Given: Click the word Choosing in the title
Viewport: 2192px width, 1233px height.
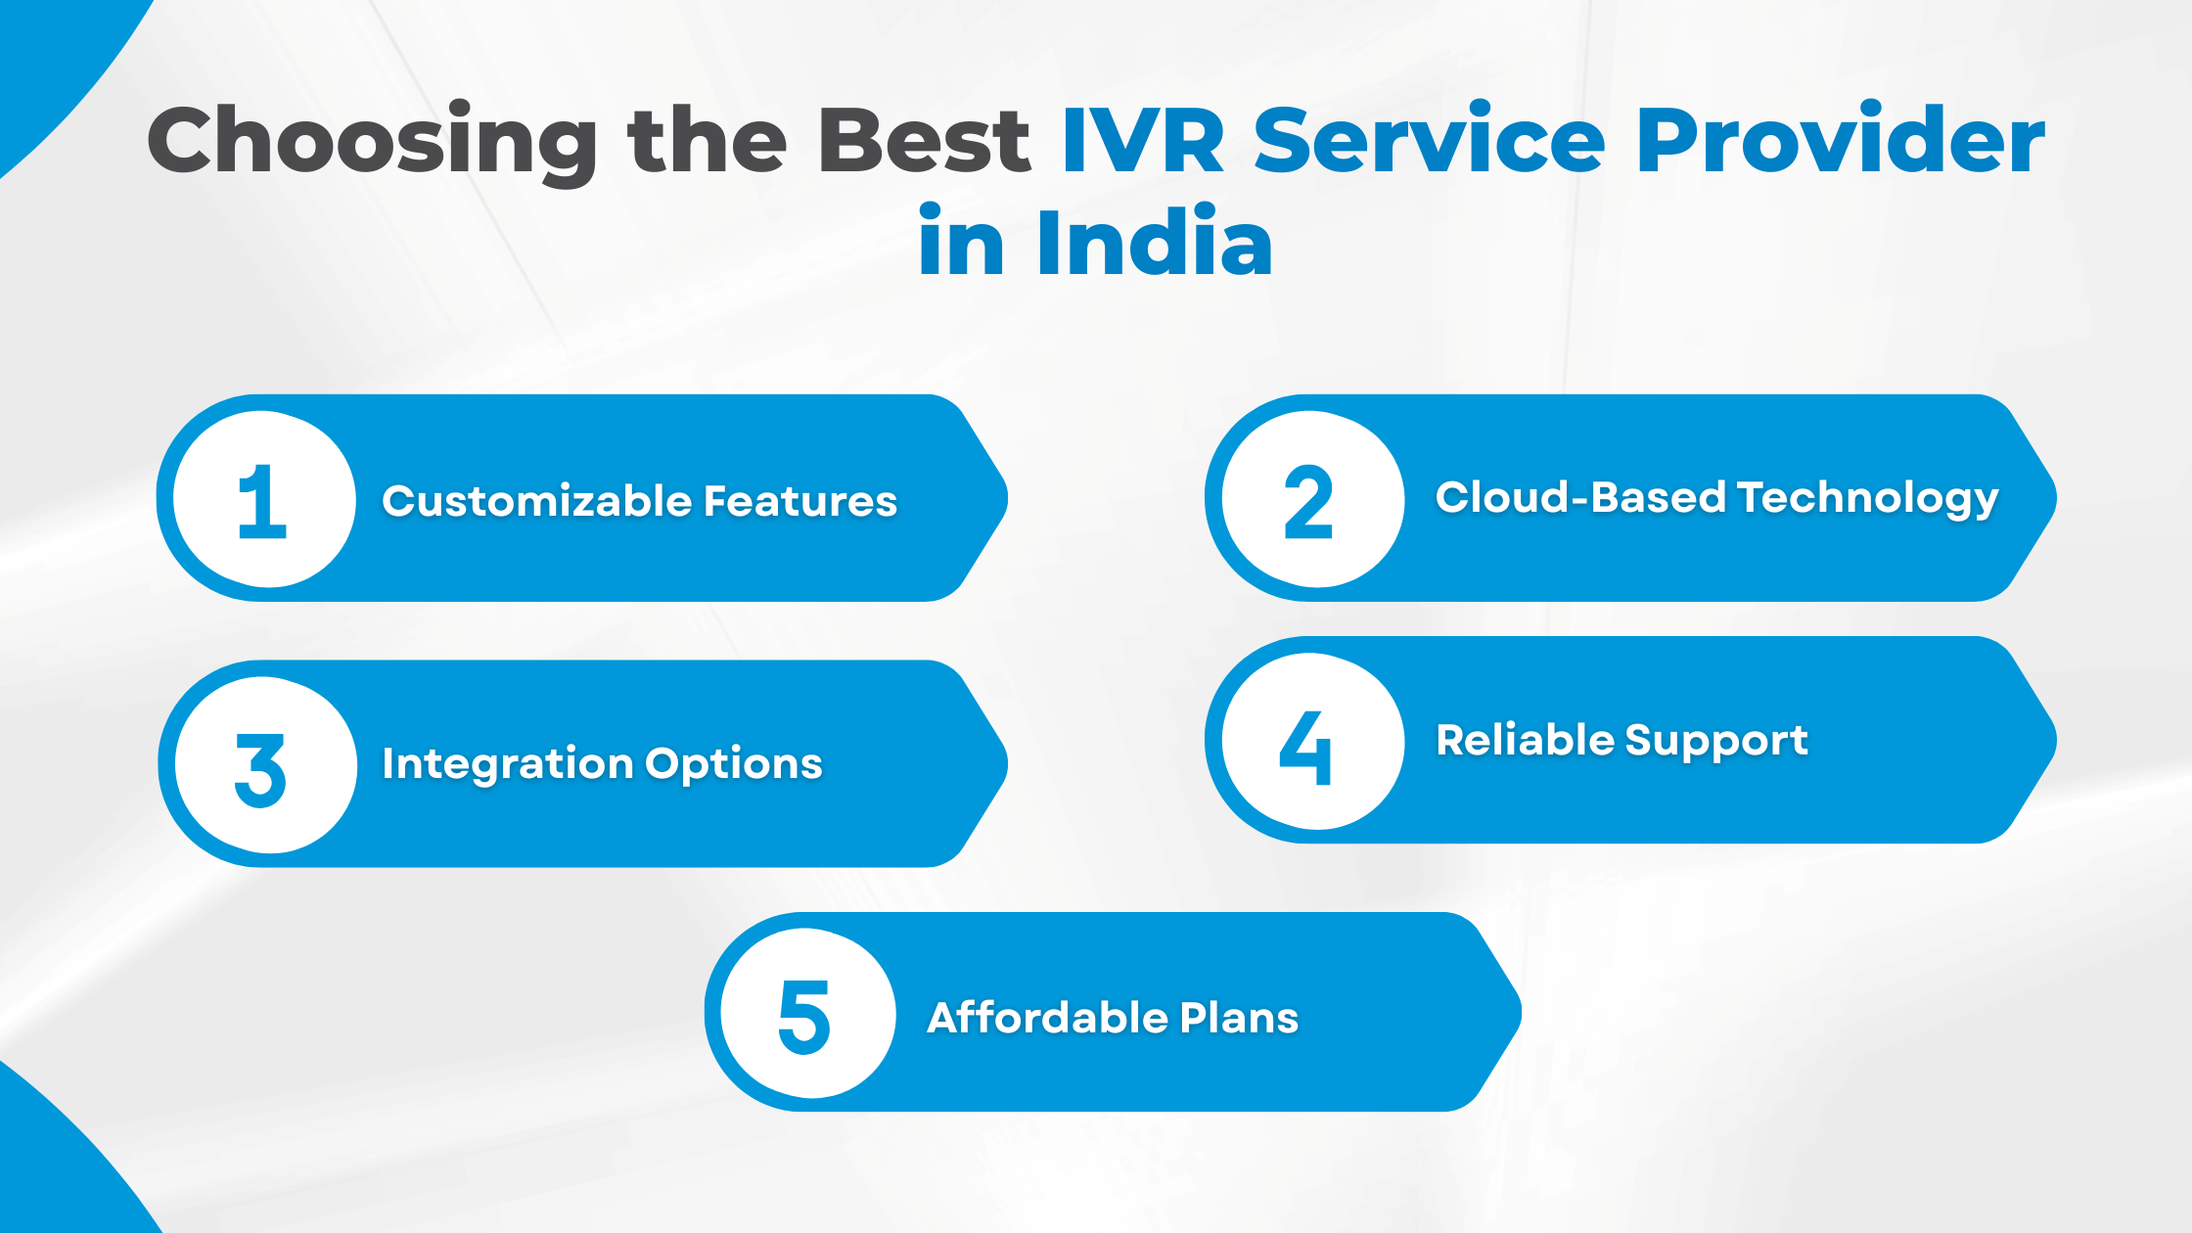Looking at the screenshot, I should (372, 142).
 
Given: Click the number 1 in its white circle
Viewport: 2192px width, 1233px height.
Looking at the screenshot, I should (262, 501).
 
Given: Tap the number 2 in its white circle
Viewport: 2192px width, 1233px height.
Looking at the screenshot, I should (1308, 501).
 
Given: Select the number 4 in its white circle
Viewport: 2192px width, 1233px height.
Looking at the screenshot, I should (1306, 748).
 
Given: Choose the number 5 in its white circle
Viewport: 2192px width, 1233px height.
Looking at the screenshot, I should (804, 1017).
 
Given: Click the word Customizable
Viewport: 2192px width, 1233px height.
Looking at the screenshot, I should (537, 501).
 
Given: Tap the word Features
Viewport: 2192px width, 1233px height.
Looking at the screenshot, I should (800, 501).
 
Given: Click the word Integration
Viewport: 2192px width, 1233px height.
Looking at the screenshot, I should (507, 763).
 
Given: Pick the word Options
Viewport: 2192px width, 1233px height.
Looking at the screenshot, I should (734, 764).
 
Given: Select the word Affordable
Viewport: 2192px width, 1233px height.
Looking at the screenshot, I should (1047, 1018).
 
